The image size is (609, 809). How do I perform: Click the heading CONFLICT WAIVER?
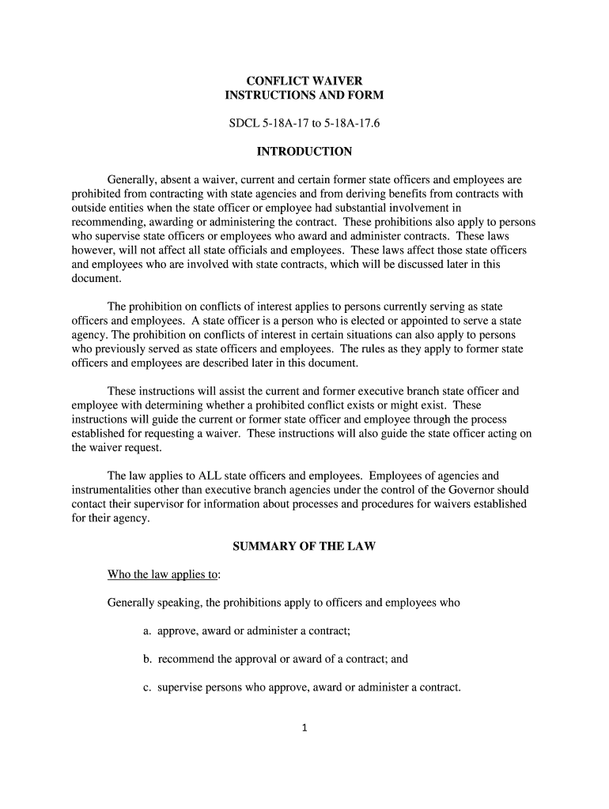[x=304, y=81]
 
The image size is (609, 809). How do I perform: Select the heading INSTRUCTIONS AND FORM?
[x=304, y=96]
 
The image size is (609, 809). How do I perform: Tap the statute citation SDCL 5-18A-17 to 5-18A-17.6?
[x=304, y=124]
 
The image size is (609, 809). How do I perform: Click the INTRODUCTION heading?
[x=304, y=152]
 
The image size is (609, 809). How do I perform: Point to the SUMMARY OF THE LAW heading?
[x=304, y=547]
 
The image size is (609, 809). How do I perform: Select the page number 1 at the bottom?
[x=304, y=728]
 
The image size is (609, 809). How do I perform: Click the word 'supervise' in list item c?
[x=181, y=687]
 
